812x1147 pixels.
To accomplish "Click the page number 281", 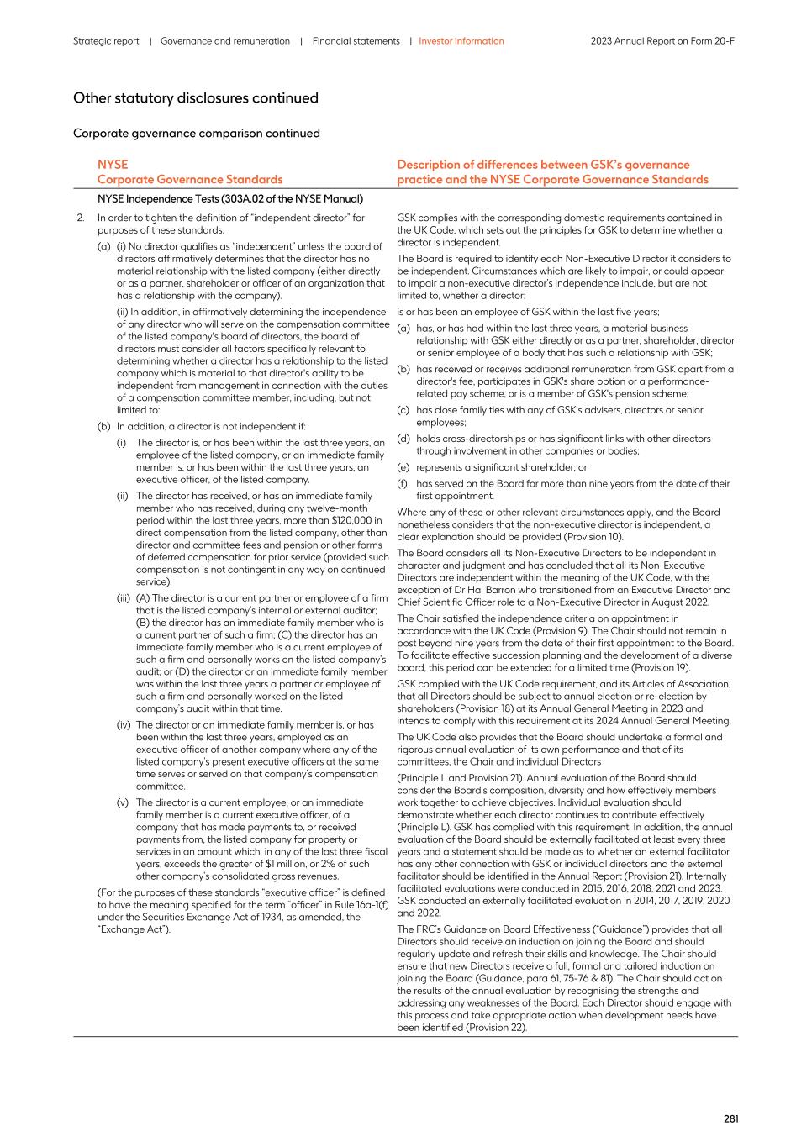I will point(730,1118).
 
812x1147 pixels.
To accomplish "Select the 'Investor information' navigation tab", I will point(461,41).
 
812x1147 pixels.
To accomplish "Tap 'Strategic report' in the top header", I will point(106,41).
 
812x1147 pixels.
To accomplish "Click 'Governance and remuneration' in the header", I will point(225,41).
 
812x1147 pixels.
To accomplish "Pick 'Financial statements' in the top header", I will point(356,41).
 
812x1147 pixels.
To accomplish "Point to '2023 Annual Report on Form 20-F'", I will point(662,41).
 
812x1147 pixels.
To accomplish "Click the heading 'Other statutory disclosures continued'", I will point(196,98).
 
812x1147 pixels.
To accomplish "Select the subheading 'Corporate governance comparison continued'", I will point(197,134).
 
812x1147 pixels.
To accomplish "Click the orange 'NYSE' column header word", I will point(113,165).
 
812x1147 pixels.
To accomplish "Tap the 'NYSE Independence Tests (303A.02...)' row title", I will point(230,199).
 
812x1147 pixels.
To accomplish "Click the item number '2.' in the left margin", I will point(81,218).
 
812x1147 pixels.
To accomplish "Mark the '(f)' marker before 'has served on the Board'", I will point(403,484).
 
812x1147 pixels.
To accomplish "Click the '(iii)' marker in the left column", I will point(124,598).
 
